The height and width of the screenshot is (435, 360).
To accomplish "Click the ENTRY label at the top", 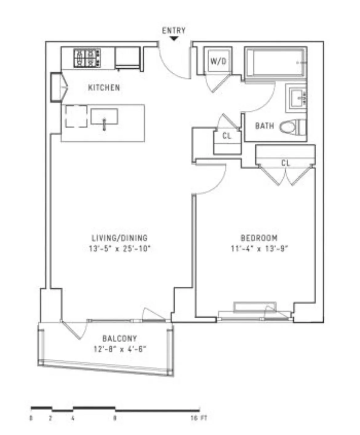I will click(x=174, y=30).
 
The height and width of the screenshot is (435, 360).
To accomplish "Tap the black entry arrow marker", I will click(x=174, y=39).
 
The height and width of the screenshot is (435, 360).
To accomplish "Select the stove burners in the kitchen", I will click(x=87, y=58).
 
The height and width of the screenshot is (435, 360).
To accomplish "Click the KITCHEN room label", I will click(x=104, y=88).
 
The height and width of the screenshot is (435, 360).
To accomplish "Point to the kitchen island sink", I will click(x=104, y=117).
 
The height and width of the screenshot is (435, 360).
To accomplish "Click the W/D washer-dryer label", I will click(x=218, y=61).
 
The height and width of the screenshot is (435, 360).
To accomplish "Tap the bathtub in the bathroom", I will click(x=275, y=62).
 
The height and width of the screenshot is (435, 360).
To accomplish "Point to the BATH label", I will click(x=264, y=126).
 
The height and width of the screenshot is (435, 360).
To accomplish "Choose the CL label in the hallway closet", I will click(x=227, y=136).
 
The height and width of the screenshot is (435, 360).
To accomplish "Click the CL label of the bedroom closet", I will click(x=286, y=163).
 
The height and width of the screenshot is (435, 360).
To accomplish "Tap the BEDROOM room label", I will click(x=259, y=238).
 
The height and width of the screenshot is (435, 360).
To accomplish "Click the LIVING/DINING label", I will click(x=120, y=238).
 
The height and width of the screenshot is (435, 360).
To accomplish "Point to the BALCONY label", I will click(x=119, y=339).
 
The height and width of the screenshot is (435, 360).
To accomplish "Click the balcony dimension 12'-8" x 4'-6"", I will click(x=119, y=349).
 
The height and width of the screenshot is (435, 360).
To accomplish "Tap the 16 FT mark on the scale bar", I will click(x=198, y=418).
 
